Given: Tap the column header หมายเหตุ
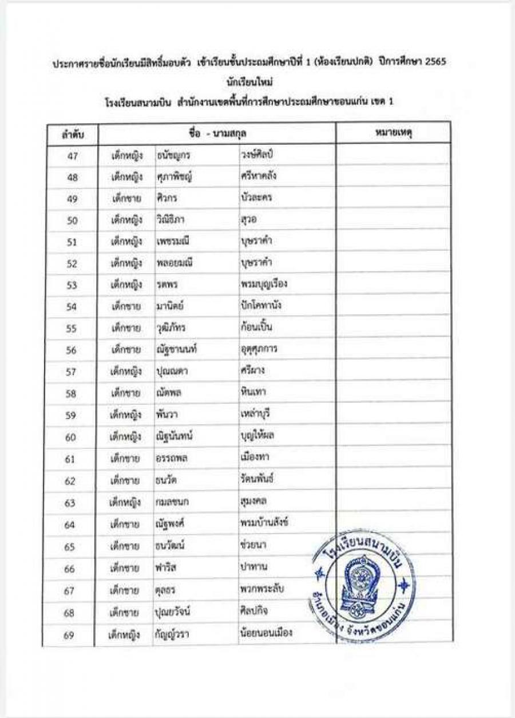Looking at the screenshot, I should pyautogui.click(x=394, y=133).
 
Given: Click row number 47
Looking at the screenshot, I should pyautogui.click(x=72, y=156).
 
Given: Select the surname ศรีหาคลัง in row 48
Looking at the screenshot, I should pyautogui.click(x=259, y=176).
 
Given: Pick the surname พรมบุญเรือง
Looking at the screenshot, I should pyautogui.click(x=264, y=284).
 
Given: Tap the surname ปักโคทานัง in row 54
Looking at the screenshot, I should pyautogui.click(x=262, y=306).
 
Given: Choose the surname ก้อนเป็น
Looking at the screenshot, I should pyautogui.click(x=257, y=328).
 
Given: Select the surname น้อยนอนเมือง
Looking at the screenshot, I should pyautogui.click(x=267, y=633).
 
